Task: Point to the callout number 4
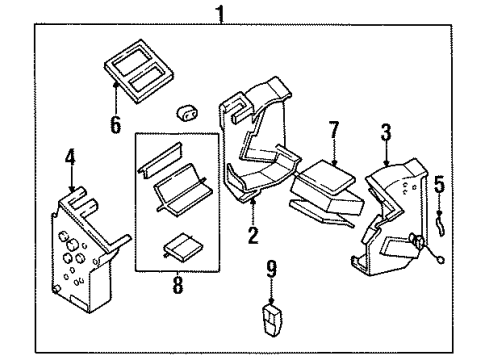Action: click(70, 158)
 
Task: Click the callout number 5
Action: click(437, 184)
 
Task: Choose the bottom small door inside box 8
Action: click(180, 245)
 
